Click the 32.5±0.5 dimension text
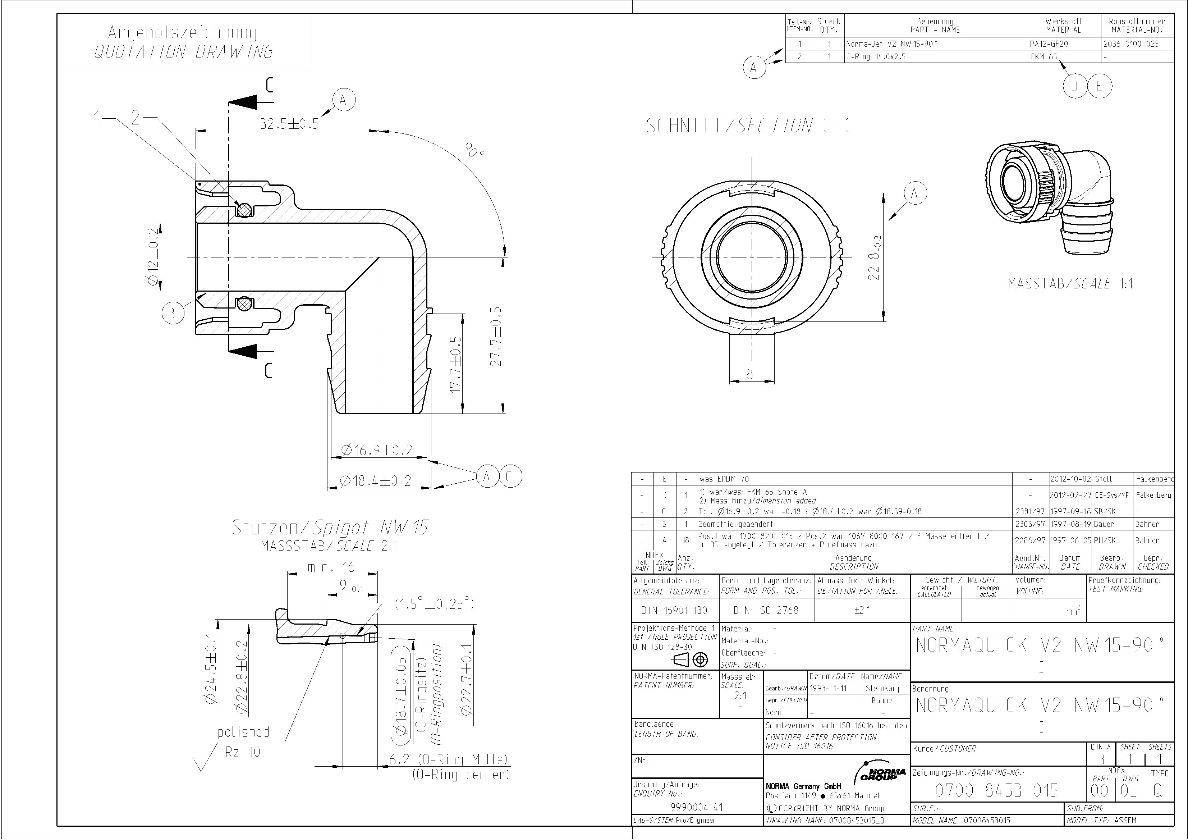click(289, 124)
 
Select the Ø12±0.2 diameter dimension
click(153, 257)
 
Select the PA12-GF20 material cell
click(1049, 44)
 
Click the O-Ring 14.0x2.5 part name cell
click(876, 57)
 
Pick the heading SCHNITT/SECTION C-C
click(749, 126)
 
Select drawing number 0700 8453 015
click(996, 791)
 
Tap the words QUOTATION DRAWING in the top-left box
click(183, 52)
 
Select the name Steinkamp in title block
click(883, 688)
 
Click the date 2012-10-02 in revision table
click(1070, 479)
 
